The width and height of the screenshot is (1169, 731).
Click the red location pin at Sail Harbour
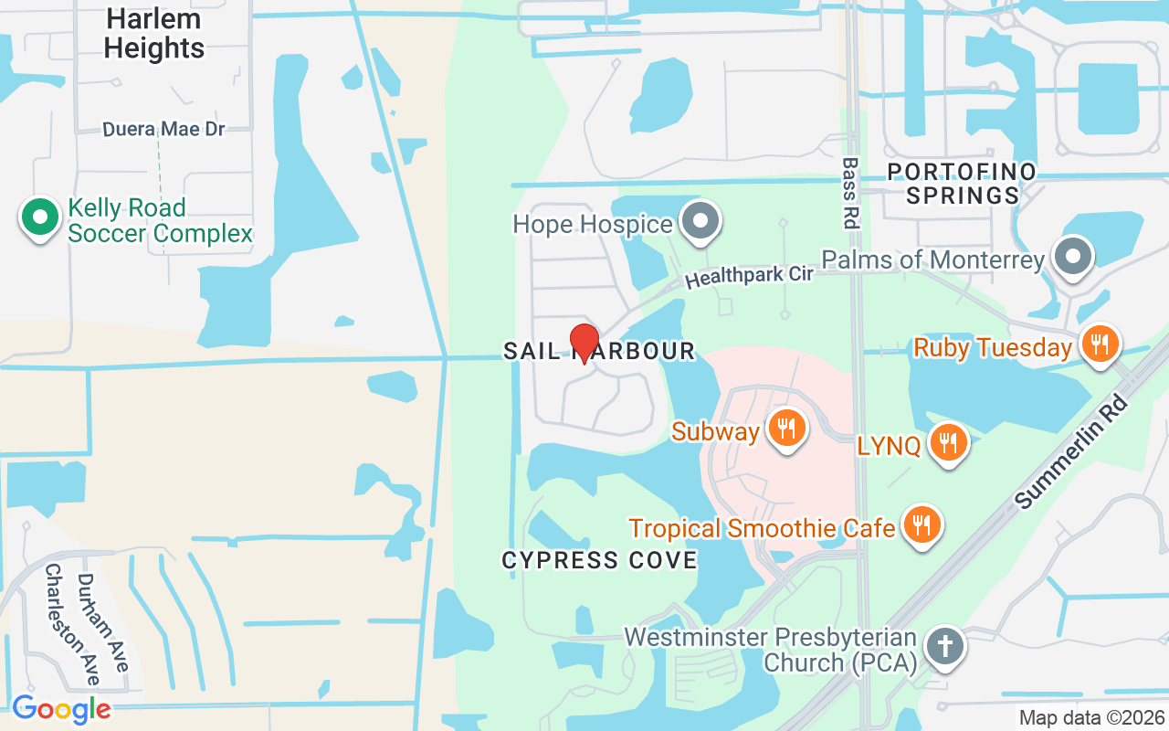pos(584,343)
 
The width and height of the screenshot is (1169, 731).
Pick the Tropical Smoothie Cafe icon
pos(923,524)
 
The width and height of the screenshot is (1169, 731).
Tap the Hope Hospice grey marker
pos(701,221)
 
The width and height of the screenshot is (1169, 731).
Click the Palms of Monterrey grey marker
pos(1073,256)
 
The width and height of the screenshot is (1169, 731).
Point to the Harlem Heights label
pos(154,33)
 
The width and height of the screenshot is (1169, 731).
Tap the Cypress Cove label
pos(599,560)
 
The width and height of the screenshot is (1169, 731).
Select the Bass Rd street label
pos(851,192)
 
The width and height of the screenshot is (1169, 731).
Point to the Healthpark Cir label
pos(749,275)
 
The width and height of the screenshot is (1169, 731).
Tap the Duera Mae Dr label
pos(163,130)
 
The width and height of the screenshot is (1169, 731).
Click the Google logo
pos(61,709)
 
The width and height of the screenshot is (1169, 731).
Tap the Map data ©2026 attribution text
pos(1092,718)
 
